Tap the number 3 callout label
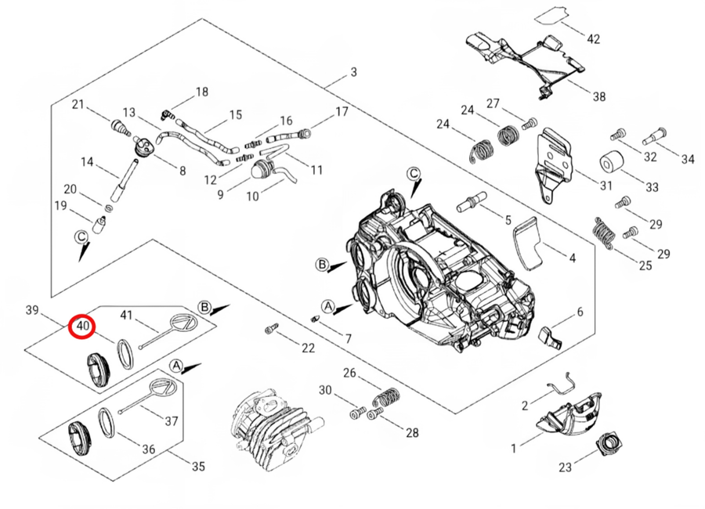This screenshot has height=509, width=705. tap(354, 71)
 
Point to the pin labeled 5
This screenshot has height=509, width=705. tap(471, 201)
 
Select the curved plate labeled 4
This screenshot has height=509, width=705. tap(528, 244)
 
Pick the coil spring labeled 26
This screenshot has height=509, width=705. tap(387, 397)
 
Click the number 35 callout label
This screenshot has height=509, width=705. tap(198, 466)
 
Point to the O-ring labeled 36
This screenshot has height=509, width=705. tap(107, 422)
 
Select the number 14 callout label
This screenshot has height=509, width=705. tap(87, 161)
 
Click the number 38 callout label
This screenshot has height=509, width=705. tap(598, 96)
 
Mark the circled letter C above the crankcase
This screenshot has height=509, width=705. tap(414, 174)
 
